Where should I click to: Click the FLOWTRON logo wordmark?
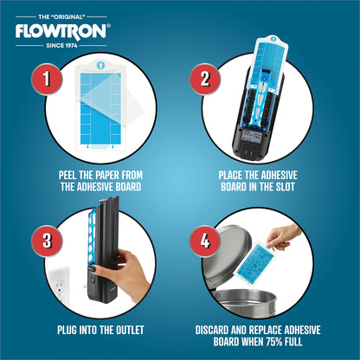click(62, 31)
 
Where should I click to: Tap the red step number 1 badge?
click(47, 79)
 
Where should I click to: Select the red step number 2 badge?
click(205, 79)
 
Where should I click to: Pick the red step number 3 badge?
click(47, 241)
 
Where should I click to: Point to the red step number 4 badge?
click(205, 241)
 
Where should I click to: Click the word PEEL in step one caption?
click(67, 175)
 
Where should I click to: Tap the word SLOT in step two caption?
click(285, 187)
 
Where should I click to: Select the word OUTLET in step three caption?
click(130, 330)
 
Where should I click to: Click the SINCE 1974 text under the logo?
click(61, 46)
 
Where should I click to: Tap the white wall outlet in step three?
click(60, 287)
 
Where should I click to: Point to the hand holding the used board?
click(283, 237)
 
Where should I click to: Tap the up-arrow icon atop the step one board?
click(100, 65)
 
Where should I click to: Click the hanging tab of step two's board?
click(273, 41)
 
